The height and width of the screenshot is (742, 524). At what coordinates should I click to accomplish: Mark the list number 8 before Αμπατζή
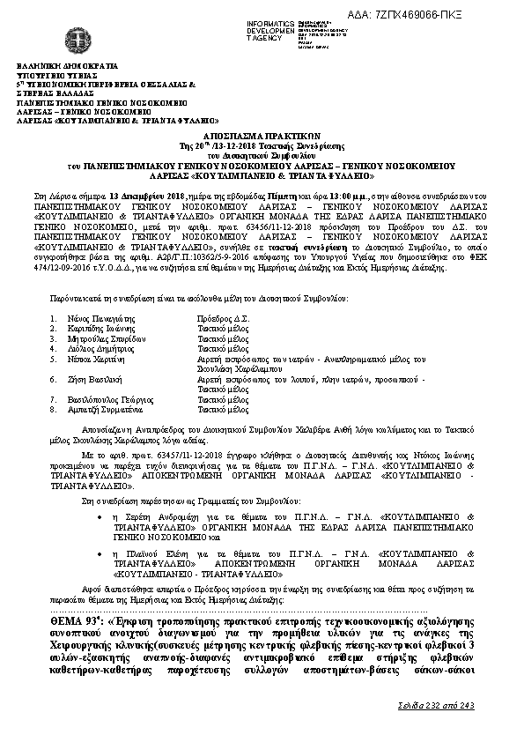(x=54, y=410)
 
